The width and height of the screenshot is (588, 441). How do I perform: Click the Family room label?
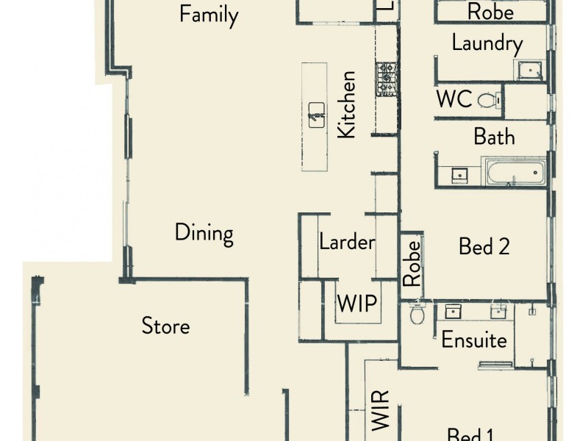pyautogui.click(x=209, y=15)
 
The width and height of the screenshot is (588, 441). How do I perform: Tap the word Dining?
pyautogui.click(x=204, y=233)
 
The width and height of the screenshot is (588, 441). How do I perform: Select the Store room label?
pyautogui.click(x=165, y=326)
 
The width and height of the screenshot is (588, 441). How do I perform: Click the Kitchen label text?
pyautogui.click(x=346, y=104)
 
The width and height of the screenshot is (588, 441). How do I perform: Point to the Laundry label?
pyautogui.click(x=487, y=43)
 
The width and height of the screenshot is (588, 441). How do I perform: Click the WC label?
pyautogui.click(x=453, y=99)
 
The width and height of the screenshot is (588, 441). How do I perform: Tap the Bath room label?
pyautogui.click(x=494, y=137)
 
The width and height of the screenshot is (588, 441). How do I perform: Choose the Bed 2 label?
pyautogui.click(x=484, y=246)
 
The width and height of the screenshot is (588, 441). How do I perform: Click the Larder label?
pyautogui.click(x=347, y=242)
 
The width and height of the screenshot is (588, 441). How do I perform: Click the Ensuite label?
pyautogui.click(x=474, y=340)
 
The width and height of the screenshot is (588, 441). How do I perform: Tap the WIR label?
pyautogui.click(x=380, y=415)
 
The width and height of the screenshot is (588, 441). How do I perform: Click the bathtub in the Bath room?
pyautogui.click(x=514, y=173)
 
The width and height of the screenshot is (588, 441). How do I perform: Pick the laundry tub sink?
pyautogui.click(x=528, y=71)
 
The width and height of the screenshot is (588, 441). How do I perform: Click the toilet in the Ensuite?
pyautogui.click(x=417, y=314)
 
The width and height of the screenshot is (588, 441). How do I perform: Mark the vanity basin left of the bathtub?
pyautogui.click(x=459, y=175)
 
